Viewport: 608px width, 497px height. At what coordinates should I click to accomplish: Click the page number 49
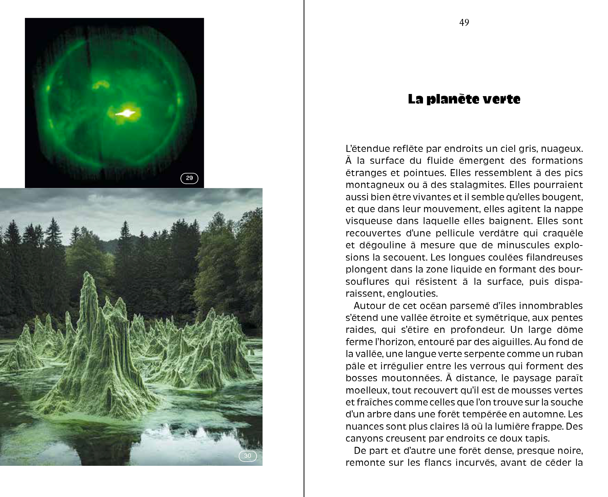click(x=464, y=23)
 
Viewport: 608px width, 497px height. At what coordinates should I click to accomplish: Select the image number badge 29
click(x=189, y=178)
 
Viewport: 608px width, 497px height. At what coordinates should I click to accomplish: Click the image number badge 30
click(x=247, y=456)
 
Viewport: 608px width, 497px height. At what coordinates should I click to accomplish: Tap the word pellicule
click(x=460, y=233)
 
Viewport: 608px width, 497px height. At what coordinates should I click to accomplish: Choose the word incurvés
click(x=475, y=463)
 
